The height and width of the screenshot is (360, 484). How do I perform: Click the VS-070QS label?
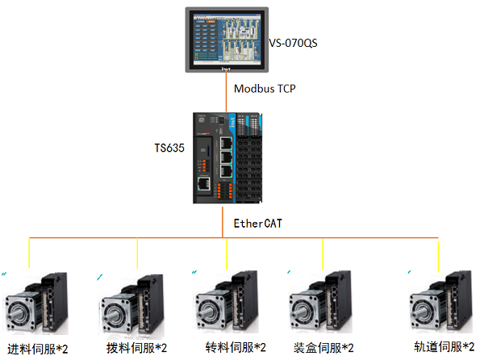293,42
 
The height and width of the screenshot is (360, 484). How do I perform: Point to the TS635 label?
170,149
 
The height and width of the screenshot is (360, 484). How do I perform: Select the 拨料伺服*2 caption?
137,348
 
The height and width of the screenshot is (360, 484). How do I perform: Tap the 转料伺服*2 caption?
235,348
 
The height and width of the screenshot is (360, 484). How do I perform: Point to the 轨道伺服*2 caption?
444,347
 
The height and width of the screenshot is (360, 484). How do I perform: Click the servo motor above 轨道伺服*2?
440,303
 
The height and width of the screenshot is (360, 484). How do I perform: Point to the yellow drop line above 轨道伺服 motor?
439,253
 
